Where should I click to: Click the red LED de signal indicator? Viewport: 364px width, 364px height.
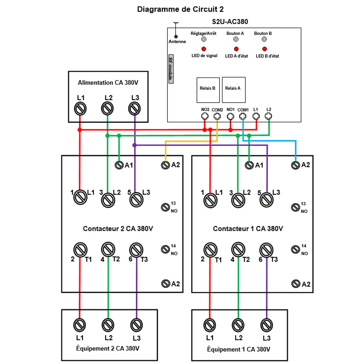(x=204, y=49)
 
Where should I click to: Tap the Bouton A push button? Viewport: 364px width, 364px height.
(x=236, y=39)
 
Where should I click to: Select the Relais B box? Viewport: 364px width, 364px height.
(x=208, y=90)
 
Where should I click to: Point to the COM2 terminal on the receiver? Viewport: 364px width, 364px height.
(x=217, y=116)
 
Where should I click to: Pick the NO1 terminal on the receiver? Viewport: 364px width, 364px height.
(x=230, y=116)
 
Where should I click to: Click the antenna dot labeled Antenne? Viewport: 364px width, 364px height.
(x=176, y=36)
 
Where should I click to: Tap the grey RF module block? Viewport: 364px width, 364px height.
(x=170, y=70)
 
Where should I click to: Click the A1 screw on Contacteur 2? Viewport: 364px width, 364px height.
(x=119, y=165)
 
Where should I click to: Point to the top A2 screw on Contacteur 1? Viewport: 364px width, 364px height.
(x=296, y=165)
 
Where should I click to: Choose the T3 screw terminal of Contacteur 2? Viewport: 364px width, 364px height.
(x=135, y=250)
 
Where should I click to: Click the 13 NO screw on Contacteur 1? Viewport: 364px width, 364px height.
(x=296, y=207)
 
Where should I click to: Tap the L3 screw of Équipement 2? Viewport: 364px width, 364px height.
(x=136, y=324)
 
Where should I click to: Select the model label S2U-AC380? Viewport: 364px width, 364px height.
(x=230, y=22)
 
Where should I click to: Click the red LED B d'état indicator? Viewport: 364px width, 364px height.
(x=264, y=49)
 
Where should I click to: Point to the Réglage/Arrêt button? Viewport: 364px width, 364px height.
(x=204, y=39)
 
